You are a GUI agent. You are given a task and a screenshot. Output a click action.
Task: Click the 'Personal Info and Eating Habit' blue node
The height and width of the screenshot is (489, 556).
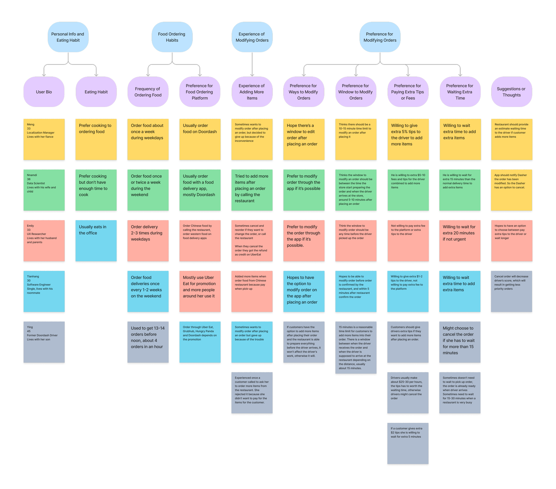[x=68, y=37]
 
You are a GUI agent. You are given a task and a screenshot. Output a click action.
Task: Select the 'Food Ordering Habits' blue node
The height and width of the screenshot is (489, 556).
[x=172, y=37]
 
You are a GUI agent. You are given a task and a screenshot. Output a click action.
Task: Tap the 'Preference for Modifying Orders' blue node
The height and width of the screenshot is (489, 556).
[x=380, y=37]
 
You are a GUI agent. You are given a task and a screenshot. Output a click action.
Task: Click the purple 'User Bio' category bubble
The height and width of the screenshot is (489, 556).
[x=44, y=92]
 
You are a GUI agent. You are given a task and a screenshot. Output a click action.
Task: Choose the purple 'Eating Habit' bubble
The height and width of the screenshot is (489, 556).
[x=96, y=92]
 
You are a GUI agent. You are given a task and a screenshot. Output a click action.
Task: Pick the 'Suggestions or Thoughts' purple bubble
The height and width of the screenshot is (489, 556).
[x=511, y=92]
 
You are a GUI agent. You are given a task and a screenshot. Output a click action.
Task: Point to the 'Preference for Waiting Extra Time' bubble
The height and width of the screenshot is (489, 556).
[x=460, y=92]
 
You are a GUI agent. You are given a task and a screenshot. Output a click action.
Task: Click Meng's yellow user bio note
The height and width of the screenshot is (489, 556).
[x=44, y=139]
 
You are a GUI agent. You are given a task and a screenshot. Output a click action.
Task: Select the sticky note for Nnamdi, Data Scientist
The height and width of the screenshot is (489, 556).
[x=44, y=190]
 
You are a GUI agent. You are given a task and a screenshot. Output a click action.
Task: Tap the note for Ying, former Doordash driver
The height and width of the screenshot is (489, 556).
[x=44, y=342]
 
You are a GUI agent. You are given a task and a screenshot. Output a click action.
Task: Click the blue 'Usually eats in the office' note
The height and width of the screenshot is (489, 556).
[x=96, y=241]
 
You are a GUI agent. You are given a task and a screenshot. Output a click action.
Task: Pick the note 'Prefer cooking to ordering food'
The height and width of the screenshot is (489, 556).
[x=96, y=139]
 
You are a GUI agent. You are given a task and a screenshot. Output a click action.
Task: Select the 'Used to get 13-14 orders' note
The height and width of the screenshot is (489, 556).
[x=148, y=342]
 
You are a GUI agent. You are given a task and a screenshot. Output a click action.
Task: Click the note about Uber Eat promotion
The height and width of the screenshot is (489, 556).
[x=200, y=291]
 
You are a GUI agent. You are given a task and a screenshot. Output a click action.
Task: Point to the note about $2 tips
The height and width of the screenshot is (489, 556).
[x=408, y=444]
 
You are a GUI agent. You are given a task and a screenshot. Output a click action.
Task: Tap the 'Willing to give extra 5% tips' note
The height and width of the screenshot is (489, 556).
[x=408, y=139]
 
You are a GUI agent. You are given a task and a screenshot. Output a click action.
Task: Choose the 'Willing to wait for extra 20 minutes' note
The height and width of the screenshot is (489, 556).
[x=460, y=241]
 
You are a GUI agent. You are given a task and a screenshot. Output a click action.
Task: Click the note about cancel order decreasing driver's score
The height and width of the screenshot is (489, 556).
[x=511, y=291]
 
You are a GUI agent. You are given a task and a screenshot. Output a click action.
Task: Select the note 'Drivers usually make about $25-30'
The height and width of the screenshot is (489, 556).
[x=408, y=393]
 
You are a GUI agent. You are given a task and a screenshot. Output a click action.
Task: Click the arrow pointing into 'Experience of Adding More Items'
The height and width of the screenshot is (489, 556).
[x=252, y=73]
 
